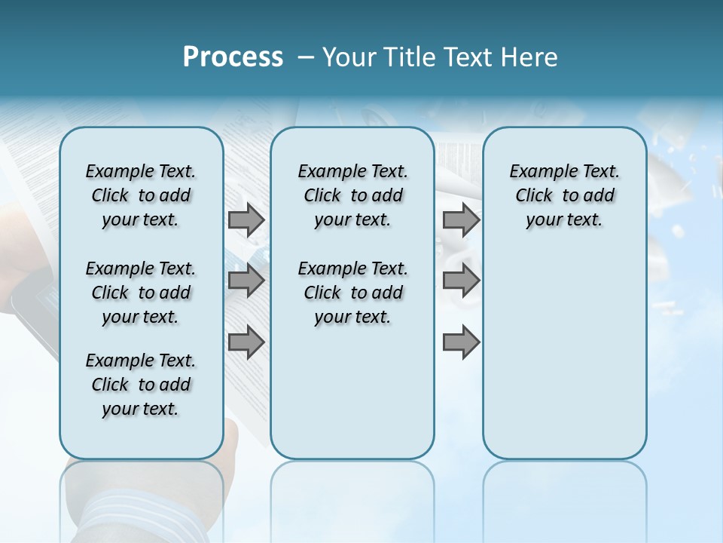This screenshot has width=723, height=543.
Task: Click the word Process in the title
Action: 233,57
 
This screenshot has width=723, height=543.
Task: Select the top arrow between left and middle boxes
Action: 246,219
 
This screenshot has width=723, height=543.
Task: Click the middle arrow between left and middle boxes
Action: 246,281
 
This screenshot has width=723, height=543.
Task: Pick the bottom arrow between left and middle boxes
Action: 246,342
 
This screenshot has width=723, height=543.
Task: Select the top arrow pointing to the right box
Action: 461,219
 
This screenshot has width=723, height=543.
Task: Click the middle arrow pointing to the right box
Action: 461,281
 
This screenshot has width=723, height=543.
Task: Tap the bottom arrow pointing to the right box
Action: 461,342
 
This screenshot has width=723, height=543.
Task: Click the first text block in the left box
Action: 141,195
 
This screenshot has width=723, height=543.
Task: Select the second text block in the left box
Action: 141,293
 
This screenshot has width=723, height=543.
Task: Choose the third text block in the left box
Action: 141,385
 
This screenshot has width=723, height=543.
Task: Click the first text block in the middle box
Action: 352,195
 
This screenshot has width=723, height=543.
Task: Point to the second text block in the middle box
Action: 352,293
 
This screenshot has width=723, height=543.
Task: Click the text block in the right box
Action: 564,195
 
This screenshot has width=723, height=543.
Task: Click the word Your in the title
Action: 349,57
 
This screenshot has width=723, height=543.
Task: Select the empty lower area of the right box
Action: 564,362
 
